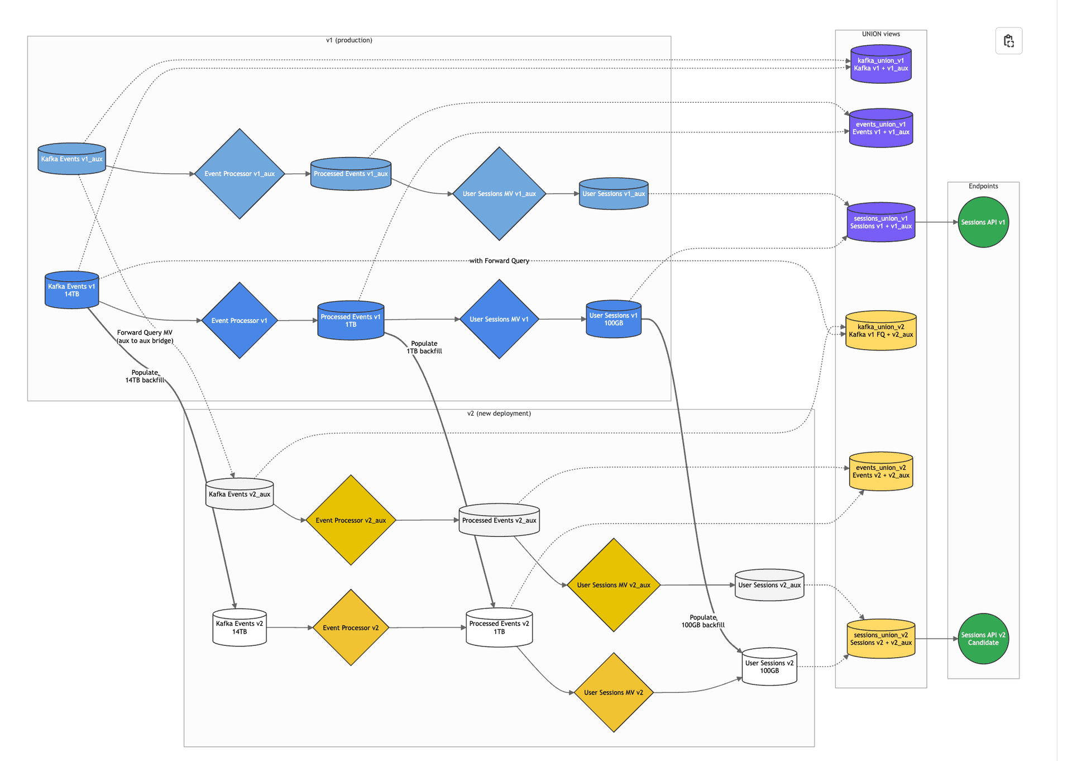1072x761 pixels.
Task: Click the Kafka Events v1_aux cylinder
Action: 71,159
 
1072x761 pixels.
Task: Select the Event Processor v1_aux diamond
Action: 240,174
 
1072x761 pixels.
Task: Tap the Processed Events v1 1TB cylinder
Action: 351,321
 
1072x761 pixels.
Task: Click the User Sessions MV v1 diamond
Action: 499,320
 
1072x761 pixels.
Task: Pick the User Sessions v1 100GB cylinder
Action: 613,320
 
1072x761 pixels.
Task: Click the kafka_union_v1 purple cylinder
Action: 880,65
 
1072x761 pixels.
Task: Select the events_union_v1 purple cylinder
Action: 880,129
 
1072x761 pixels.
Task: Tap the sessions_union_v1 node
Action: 880,222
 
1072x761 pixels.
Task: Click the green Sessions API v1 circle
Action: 983,222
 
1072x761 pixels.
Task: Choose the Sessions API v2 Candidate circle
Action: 983,639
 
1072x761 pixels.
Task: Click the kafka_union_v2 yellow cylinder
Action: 880,331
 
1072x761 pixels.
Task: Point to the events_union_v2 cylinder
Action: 880,472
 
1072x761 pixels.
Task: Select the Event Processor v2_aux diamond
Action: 351,520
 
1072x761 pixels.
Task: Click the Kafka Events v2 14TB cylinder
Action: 240,627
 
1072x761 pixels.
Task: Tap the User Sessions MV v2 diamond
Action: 613,692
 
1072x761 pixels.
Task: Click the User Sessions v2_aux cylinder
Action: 769,585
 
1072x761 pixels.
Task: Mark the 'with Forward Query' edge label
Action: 499,261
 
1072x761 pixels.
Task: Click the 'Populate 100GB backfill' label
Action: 702,621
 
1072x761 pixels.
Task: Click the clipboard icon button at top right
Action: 1008,41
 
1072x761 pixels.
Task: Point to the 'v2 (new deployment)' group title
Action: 499,413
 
